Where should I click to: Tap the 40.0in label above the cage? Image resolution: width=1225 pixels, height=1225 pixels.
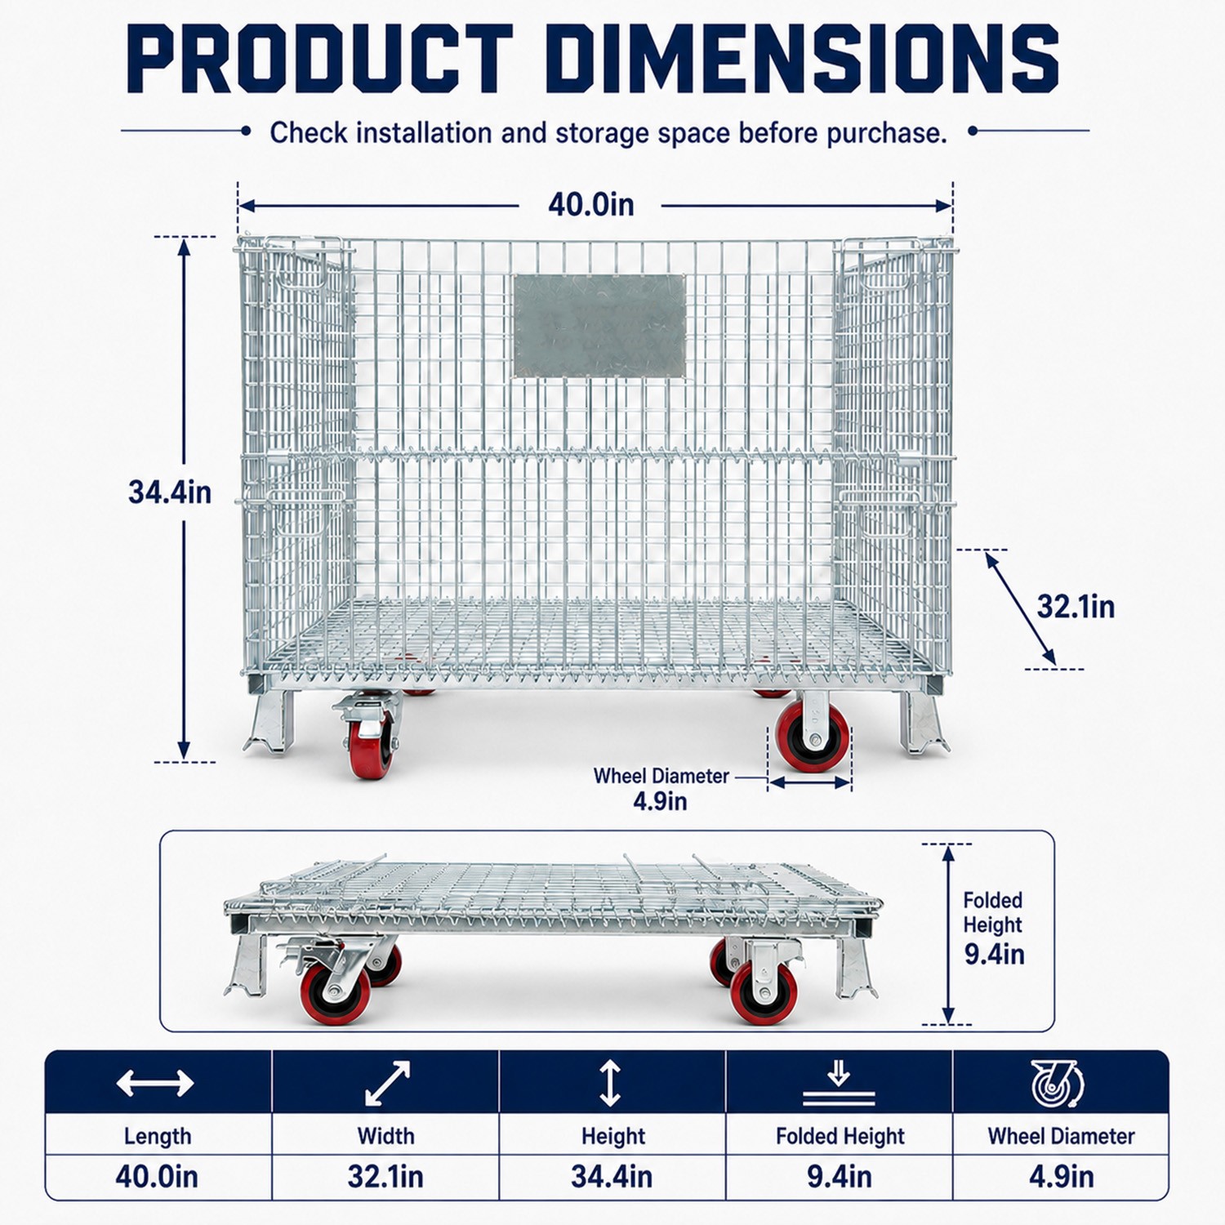(x=590, y=204)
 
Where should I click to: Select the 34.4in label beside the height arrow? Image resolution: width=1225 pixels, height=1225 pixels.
(x=170, y=492)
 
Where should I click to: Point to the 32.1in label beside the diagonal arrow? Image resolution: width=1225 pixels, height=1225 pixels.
(x=1076, y=607)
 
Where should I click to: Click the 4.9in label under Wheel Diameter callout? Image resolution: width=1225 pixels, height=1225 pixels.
(x=660, y=801)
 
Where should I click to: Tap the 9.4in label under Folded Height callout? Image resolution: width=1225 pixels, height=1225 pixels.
(x=994, y=954)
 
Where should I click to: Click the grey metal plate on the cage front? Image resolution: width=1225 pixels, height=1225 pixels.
(x=599, y=326)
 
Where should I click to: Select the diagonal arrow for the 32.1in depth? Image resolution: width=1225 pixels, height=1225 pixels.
(x=1020, y=608)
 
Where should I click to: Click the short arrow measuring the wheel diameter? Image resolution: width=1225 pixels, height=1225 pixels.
(x=810, y=782)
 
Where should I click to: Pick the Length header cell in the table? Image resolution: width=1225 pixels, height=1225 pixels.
(x=158, y=1136)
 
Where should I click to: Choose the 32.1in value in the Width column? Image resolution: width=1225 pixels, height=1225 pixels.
(x=385, y=1177)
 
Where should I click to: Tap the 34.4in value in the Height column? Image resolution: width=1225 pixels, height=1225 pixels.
(x=612, y=1177)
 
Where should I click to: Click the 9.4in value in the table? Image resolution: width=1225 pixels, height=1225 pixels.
(x=840, y=1177)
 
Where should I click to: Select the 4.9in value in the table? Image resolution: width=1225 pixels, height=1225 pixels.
(x=1062, y=1177)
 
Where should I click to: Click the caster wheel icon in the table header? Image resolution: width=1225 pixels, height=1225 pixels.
(x=1057, y=1084)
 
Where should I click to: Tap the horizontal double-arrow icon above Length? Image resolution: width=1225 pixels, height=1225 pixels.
(x=155, y=1084)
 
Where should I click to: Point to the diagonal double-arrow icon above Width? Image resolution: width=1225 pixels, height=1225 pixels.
(x=387, y=1084)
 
